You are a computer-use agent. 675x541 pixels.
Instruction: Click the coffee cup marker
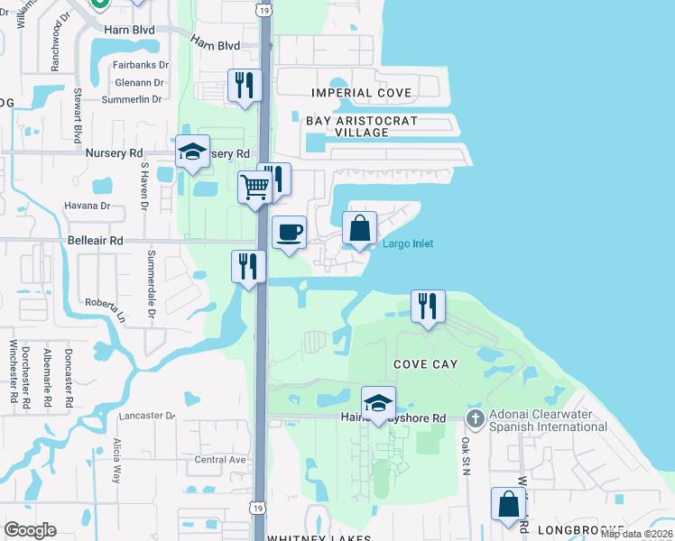[x=289, y=233]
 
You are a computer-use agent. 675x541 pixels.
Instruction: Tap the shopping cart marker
[x=254, y=188]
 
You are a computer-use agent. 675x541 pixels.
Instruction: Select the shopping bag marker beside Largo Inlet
[x=359, y=228]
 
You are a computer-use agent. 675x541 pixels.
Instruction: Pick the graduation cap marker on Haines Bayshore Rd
[x=378, y=403]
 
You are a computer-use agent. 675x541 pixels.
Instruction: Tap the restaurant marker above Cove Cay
[x=428, y=306]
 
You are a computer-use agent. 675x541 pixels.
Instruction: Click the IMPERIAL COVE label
[x=361, y=93]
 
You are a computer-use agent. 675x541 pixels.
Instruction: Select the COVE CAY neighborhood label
[x=425, y=364]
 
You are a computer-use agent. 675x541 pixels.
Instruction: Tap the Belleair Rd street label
[x=95, y=241]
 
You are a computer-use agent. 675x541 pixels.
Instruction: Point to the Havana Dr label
[x=87, y=206]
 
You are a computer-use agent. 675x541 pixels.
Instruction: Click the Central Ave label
[x=220, y=459]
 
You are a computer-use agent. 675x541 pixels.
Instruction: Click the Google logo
[x=30, y=530]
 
